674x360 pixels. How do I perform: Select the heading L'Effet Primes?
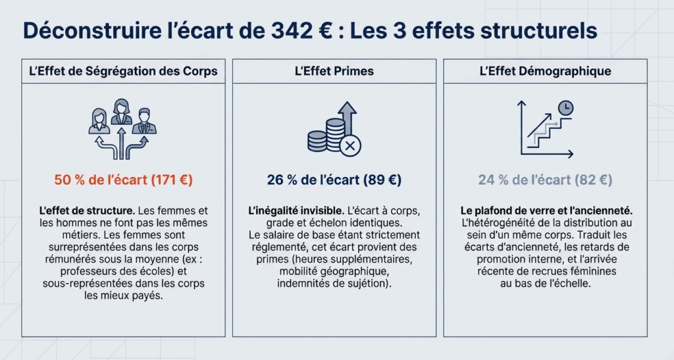(x=334, y=71)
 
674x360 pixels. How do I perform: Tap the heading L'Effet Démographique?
(x=545, y=71)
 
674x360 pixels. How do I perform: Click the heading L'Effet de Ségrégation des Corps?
(x=123, y=71)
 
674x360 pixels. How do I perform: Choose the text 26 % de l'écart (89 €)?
(x=334, y=179)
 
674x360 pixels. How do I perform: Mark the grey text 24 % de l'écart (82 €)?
(x=545, y=179)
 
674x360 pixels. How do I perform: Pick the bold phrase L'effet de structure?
(x=87, y=211)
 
